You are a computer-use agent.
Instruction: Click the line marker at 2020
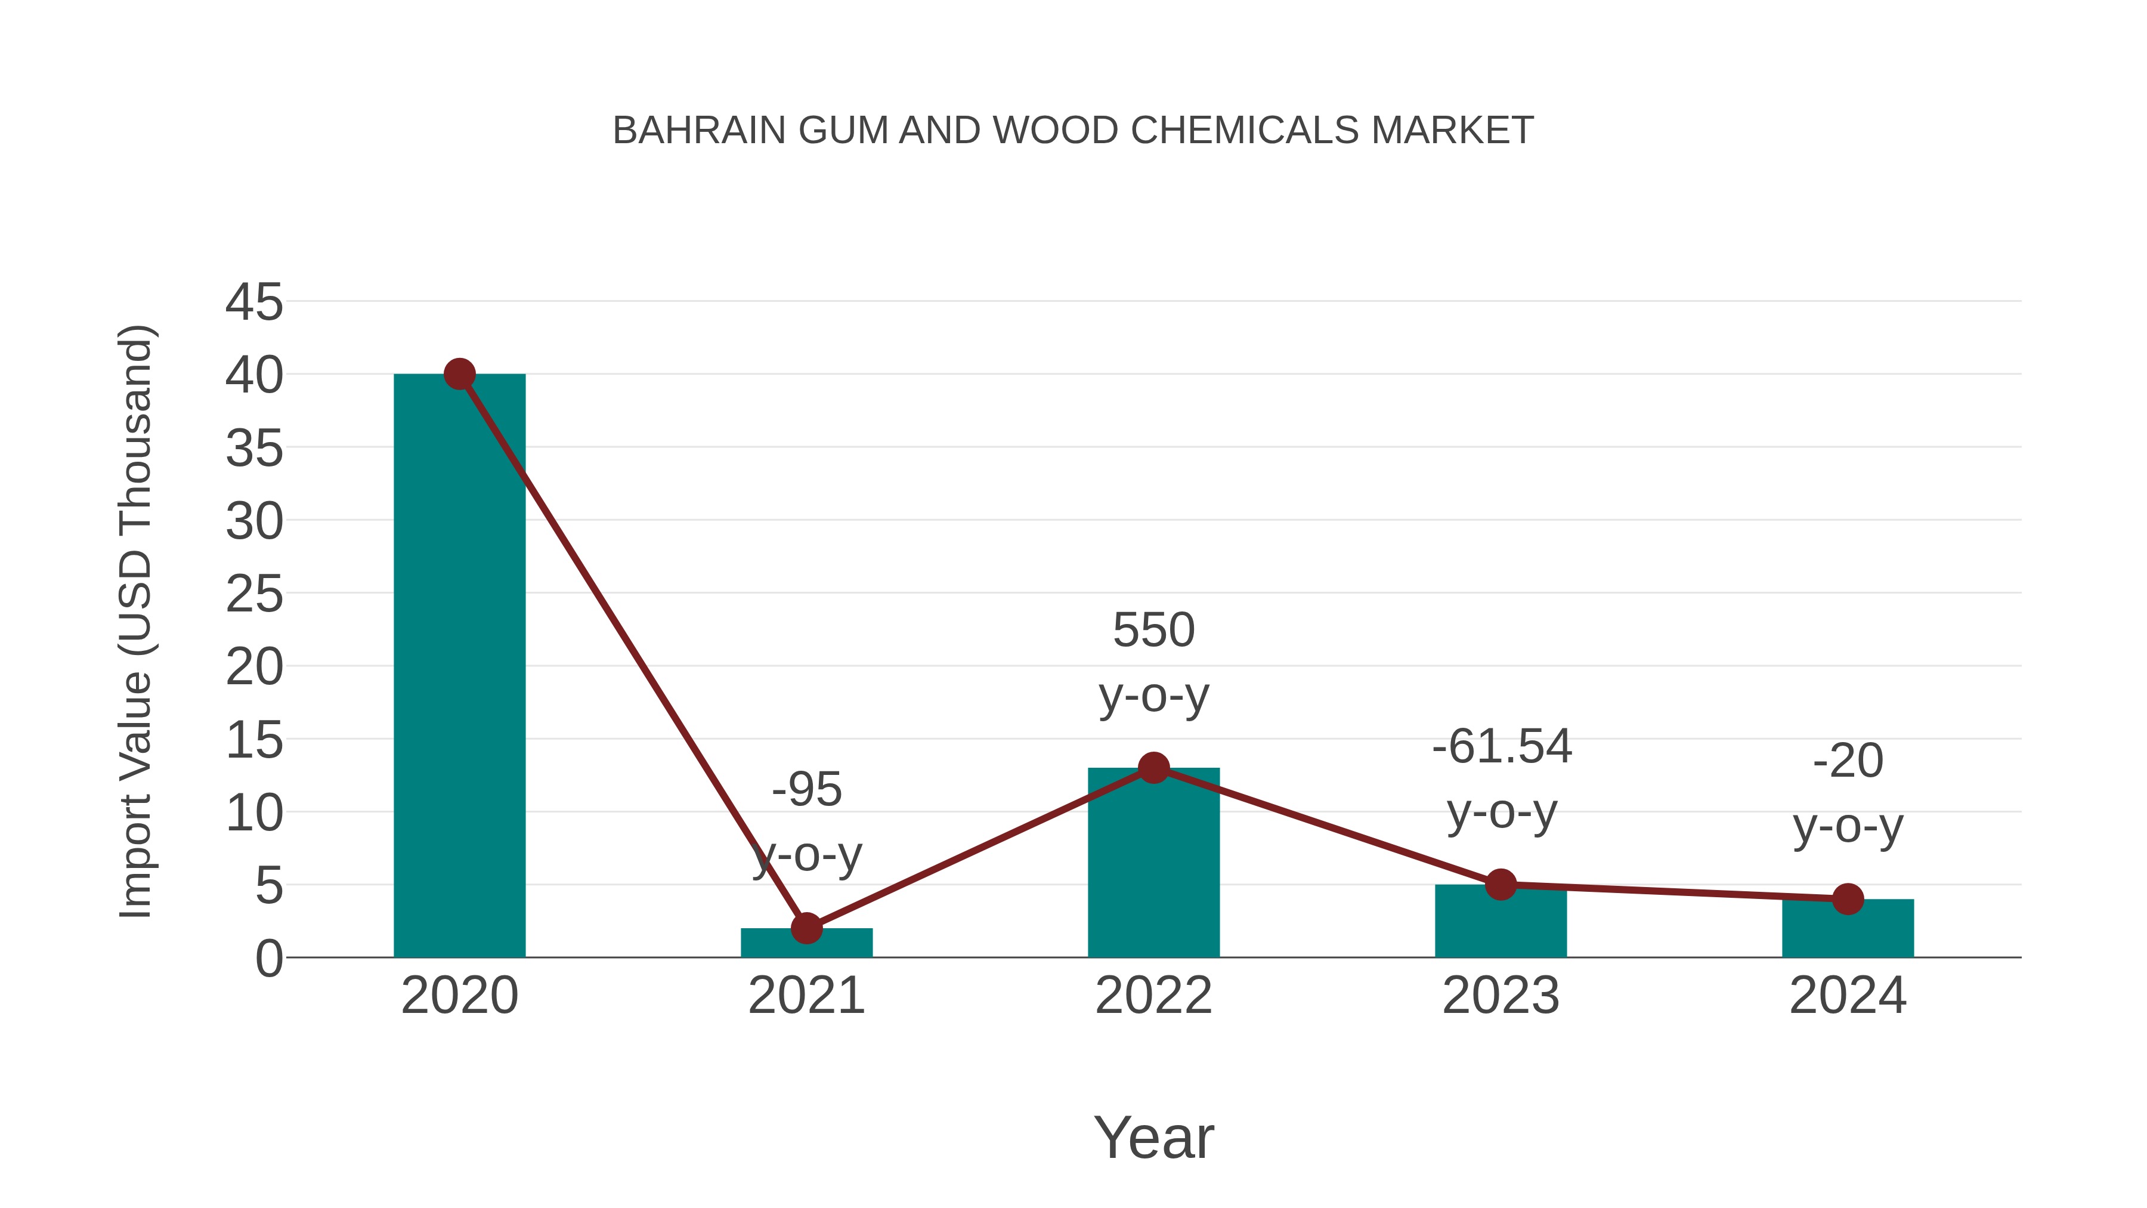(x=459, y=374)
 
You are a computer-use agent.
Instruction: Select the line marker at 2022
(x=1153, y=768)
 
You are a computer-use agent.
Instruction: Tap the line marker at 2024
(x=1848, y=899)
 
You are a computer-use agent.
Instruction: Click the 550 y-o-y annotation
(x=1153, y=662)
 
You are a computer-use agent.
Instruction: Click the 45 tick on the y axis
(x=254, y=302)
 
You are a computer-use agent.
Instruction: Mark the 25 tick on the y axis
(x=254, y=594)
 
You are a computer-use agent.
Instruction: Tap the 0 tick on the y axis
(x=269, y=959)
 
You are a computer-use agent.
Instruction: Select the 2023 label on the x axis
(x=1501, y=996)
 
